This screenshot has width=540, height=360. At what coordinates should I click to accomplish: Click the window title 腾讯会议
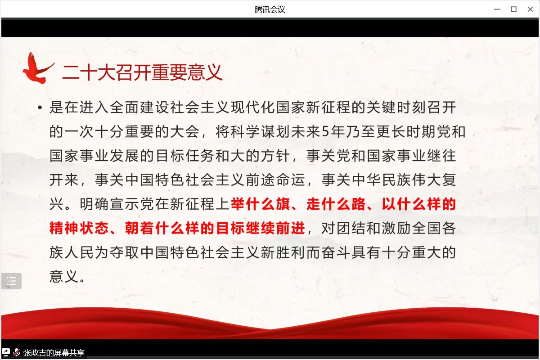[270, 9]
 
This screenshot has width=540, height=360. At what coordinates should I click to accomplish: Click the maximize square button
[513, 9]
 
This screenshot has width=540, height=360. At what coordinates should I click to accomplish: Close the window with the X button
[530, 9]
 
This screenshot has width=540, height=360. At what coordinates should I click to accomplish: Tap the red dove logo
[38, 68]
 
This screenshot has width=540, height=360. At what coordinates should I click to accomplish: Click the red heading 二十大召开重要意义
[142, 72]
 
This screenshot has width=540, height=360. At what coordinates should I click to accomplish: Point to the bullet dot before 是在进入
[40, 108]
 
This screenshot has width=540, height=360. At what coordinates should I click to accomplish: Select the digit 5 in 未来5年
[325, 132]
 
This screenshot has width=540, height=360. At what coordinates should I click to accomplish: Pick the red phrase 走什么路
[336, 204]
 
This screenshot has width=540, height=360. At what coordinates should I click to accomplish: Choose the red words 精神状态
[79, 228]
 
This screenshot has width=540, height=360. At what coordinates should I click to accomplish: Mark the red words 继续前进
[275, 228]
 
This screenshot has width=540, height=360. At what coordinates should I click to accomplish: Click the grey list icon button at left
[11, 281]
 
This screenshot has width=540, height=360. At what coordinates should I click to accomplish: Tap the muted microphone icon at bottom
[16, 352]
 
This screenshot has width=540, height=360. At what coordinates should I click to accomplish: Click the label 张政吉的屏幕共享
[54, 353]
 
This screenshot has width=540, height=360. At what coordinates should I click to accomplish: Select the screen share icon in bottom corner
[6, 352]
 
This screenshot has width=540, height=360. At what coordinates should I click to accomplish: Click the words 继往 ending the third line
[441, 156]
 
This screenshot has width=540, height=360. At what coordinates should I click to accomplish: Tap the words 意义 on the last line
[64, 276]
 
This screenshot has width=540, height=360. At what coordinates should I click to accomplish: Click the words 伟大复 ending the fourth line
[434, 180]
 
